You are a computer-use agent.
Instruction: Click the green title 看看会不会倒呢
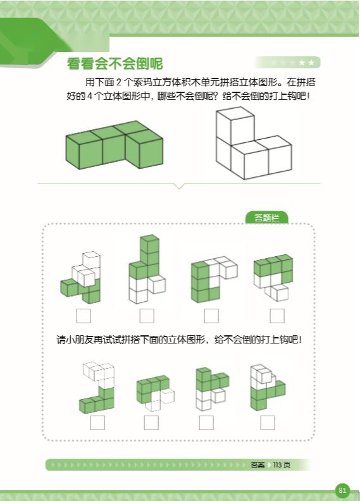click(x=115, y=64)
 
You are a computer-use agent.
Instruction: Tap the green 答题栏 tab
click(x=267, y=218)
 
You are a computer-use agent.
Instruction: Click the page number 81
click(x=342, y=490)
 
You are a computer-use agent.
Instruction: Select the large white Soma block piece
click(x=254, y=143)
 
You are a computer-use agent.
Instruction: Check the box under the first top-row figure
click(x=84, y=316)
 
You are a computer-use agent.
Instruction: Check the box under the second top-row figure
click(x=147, y=316)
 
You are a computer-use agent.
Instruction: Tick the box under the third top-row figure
click(x=211, y=316)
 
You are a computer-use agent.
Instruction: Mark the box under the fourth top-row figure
click(x=277, y=316)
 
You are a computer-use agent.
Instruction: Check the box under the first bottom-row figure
click(x=97, y=423)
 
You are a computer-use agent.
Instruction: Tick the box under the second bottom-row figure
click(x=151, y=423)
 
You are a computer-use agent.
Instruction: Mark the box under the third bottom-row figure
click(x=206, y=423)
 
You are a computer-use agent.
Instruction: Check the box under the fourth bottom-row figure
click(x=268, y=423)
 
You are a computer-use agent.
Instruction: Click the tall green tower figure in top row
click(x=147, y=269)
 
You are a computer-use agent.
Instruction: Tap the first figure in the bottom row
click(x=97, y=388)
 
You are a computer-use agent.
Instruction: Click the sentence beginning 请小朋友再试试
click(x=179, y=339)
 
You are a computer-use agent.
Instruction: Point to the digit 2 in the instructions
click(x=119, y=83)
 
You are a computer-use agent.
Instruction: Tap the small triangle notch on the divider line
click(x=180, y=186)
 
